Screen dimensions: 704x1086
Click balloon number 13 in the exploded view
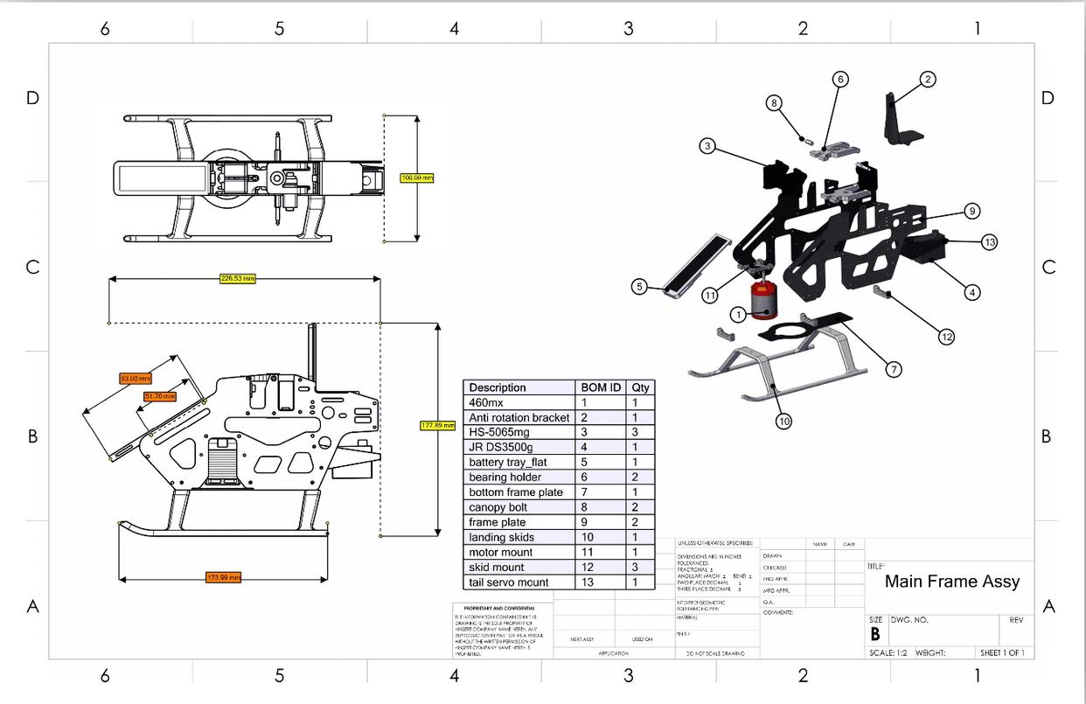click(989, 242)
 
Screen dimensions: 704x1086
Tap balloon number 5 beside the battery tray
click(640, 286)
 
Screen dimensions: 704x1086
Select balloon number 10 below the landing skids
click(783, 421)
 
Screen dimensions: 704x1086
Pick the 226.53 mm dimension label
click(237, 278)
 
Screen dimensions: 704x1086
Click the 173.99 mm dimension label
click(223, 577)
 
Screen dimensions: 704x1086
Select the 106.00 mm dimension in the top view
click(416, 178)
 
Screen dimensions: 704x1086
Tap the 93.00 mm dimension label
click(136, 379)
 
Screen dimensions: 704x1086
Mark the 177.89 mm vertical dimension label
click(437, 425)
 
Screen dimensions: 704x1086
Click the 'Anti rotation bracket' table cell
click(519, 418)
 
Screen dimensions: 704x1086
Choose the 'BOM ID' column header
click(601, 387)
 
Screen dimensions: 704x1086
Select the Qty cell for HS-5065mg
click(640, 432)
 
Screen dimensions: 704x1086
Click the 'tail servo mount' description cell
click(509, 582)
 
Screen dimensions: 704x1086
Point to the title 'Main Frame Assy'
click(951, 582)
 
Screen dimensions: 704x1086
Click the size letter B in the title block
click(874, 635)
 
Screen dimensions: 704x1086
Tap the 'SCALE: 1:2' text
click(888, 652)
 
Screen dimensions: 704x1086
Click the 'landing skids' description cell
click(501, 537)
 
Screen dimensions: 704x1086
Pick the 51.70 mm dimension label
click(160, 396)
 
